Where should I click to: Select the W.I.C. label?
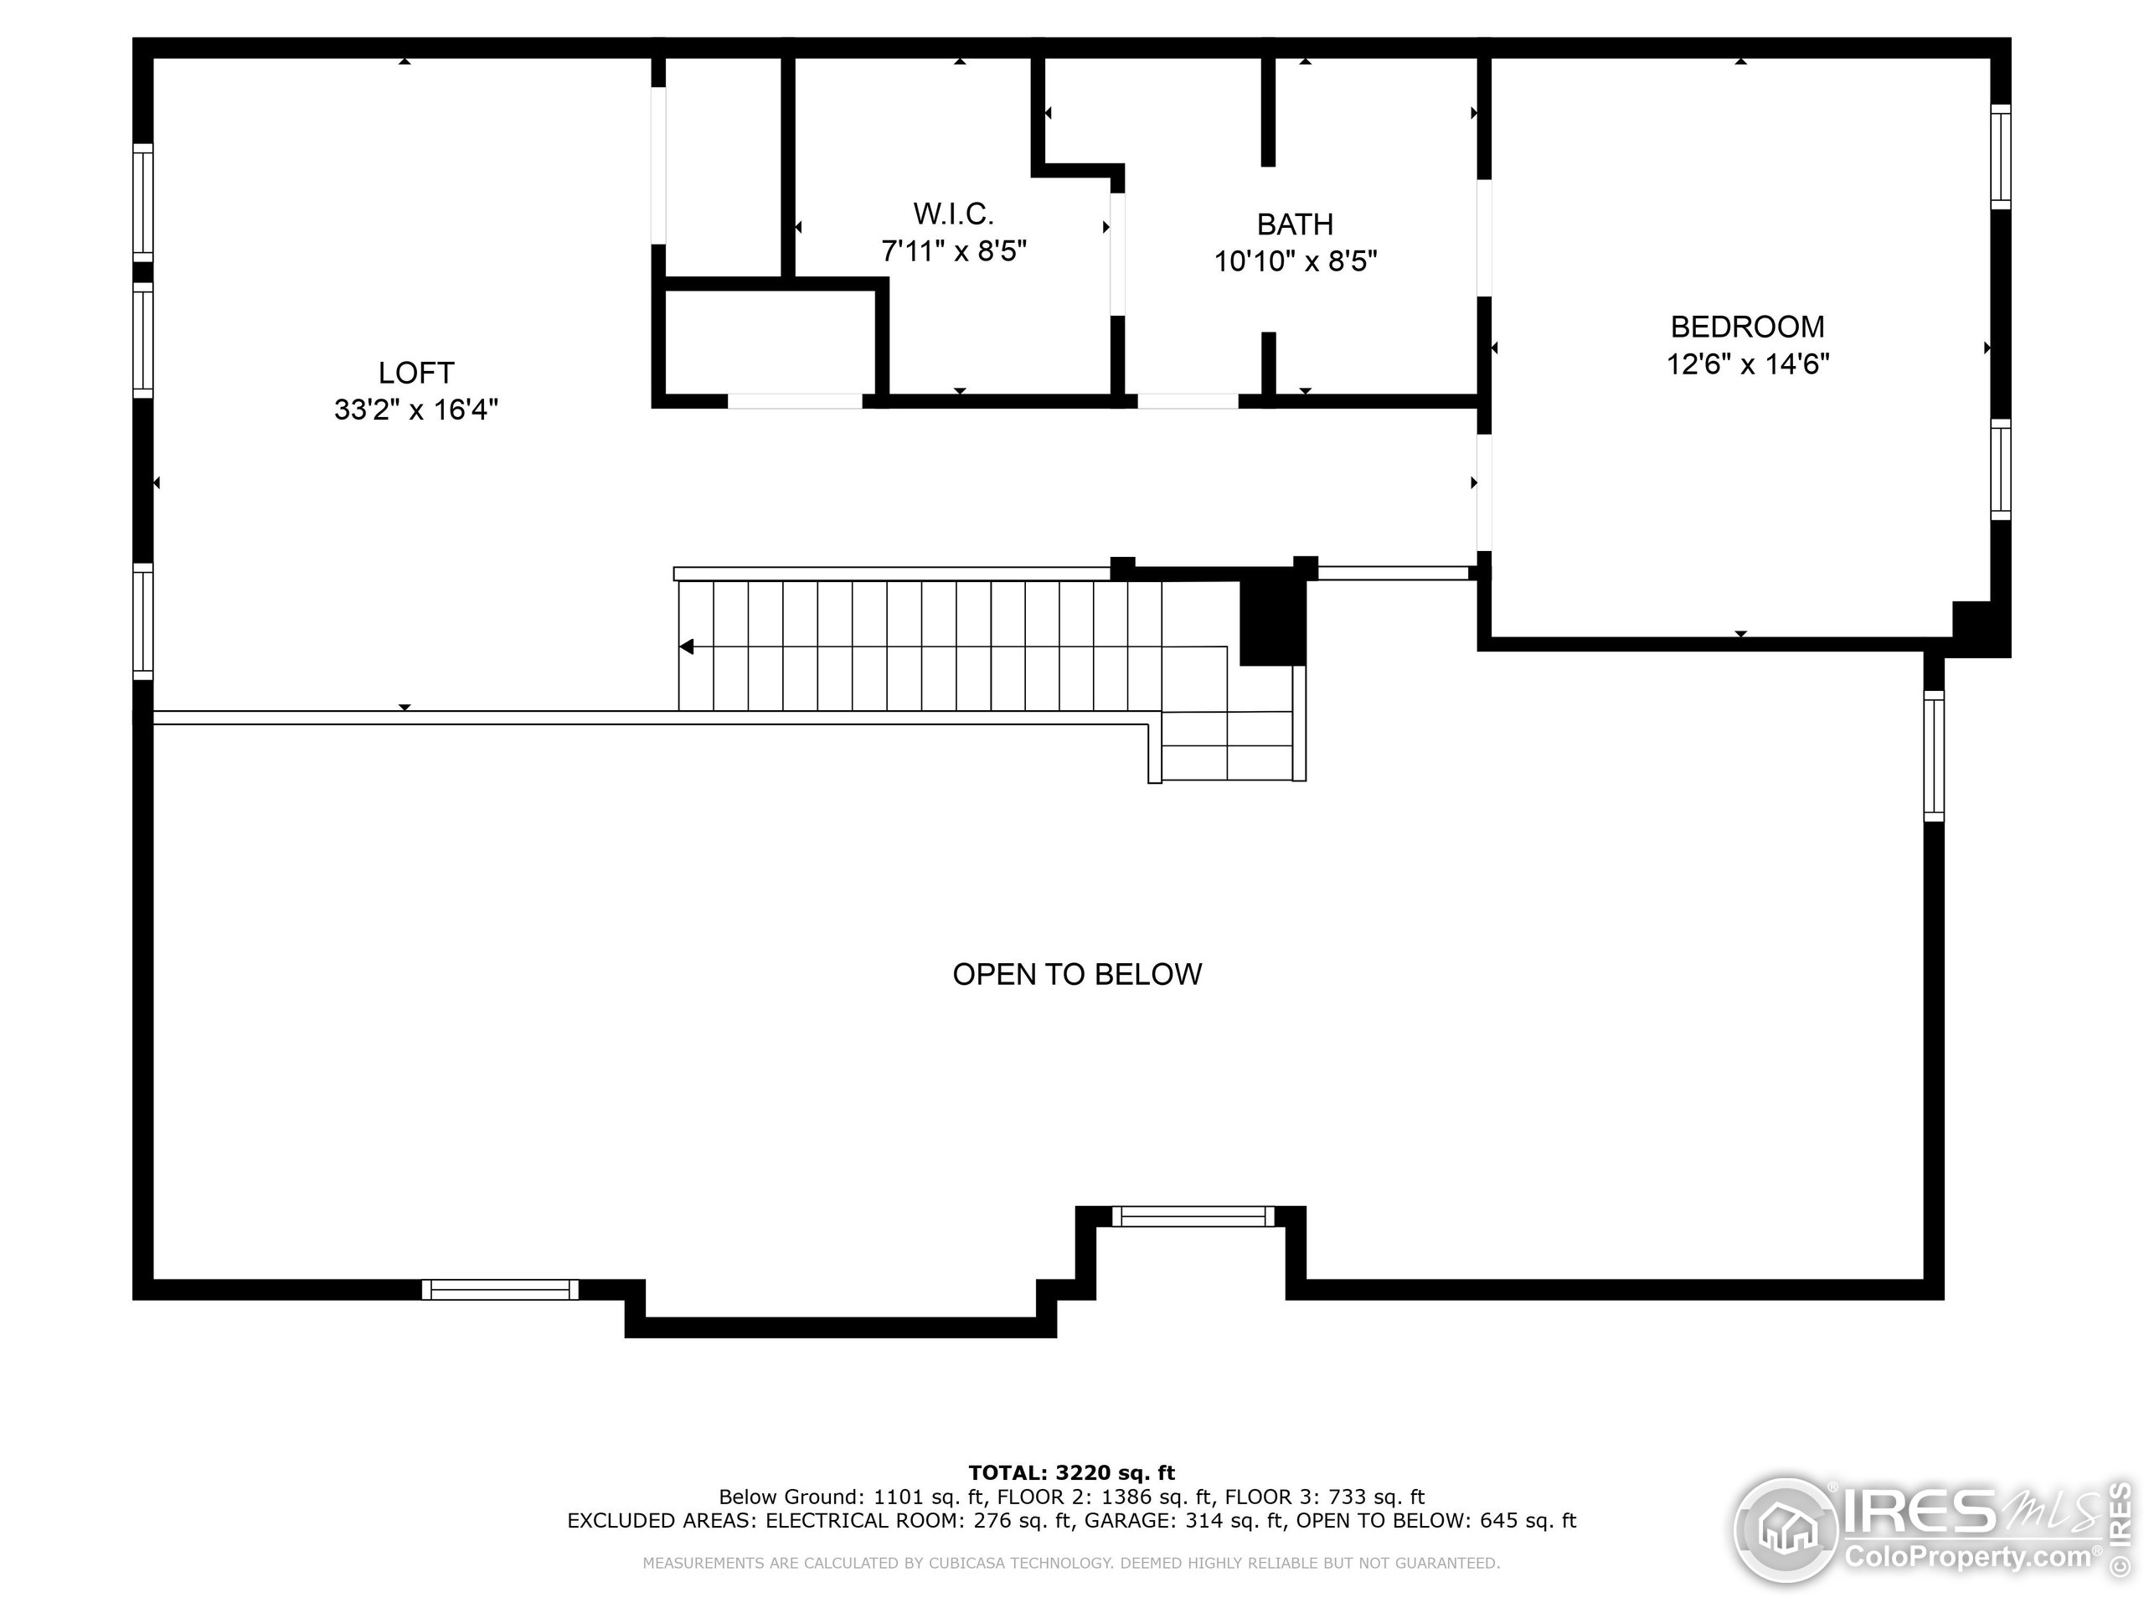953,214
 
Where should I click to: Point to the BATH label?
1295,224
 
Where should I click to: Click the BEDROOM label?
1746,327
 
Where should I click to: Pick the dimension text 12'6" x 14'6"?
1746,364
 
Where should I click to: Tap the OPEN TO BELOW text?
1077,974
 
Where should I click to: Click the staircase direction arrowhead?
688,647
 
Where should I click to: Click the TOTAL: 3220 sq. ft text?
1071,1473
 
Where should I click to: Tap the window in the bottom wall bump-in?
1193,1216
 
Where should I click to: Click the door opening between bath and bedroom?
1484,238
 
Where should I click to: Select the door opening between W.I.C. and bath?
1117,254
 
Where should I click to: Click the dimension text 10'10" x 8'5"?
1295,261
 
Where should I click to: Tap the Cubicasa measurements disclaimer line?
1071,1564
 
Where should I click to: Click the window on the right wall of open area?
1933,756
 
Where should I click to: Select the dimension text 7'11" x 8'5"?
953,252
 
